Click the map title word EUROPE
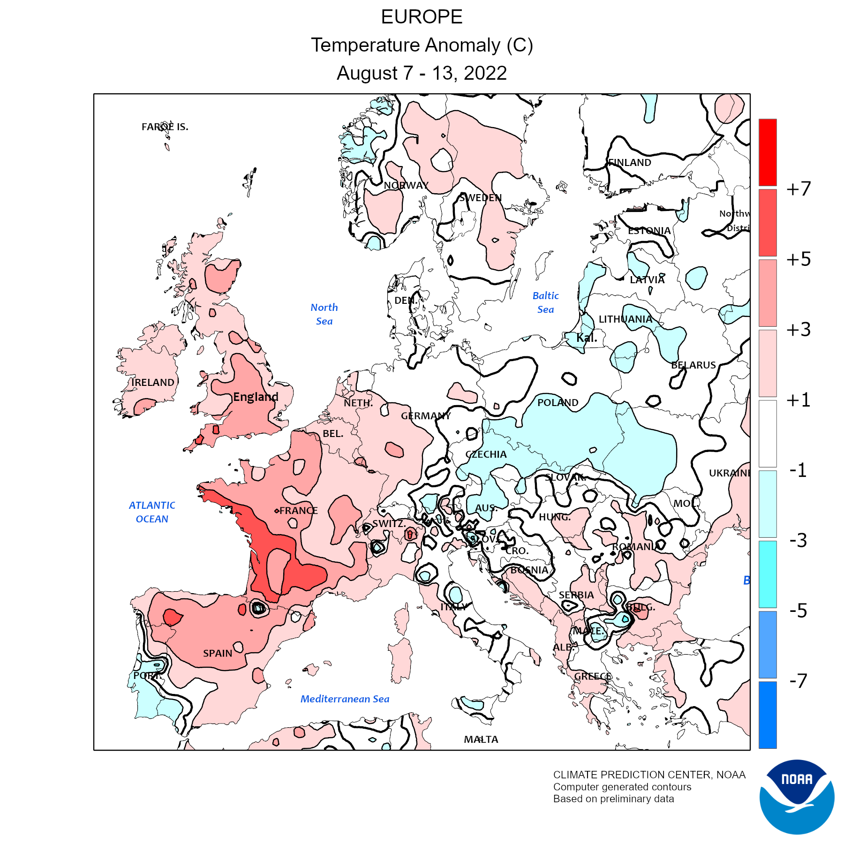pos(422,17)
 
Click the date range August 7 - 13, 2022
pos(422,73)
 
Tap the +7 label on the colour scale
pos(799,189)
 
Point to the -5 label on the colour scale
pos(798,610)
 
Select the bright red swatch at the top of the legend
pos(768,152)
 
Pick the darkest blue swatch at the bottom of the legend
pos(768,715)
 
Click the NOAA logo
pos(797,797)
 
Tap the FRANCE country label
pos(298,511)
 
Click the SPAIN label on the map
pos(218,653)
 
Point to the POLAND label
pos(558,403)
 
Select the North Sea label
pos(324,314)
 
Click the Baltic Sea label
pos(546,302)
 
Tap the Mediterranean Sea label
pos(345,699)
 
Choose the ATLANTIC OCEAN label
pos(152,512)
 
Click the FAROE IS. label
pos(165,127)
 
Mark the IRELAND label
pos(153,383)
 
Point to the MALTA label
pos(481,739)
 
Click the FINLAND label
pos(630,163)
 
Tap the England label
pos(256,397)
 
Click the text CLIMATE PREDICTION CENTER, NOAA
pos(649,775)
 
